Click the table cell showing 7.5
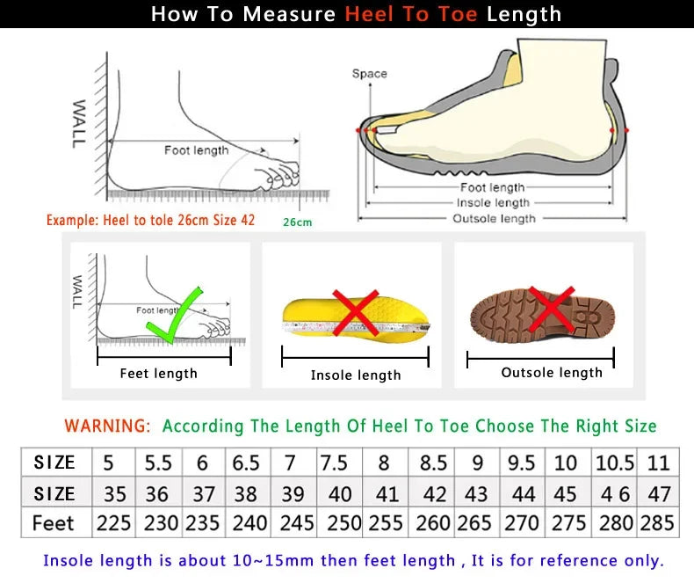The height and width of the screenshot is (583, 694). (334, 463)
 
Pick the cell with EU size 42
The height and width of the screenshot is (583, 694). (434, 493)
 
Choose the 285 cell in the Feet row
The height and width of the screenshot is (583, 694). (658, 523)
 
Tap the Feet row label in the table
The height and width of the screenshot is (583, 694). (54, 523)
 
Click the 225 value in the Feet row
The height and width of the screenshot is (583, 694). (113, 523)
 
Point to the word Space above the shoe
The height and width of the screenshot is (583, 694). (369, 74)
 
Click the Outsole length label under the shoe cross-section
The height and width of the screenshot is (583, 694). (493, 218)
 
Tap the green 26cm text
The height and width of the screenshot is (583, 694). (297, 222)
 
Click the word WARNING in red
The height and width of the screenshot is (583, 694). (107, 426)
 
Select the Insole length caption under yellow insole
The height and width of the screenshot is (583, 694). (356, 375)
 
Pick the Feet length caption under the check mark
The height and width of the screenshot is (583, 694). (158, 374)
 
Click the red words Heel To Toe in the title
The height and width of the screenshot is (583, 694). (411, 14)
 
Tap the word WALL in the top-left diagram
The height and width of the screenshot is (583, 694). (78, 122)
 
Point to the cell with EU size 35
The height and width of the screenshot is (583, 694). (113, 493)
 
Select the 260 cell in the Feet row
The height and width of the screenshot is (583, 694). (433, 523)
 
